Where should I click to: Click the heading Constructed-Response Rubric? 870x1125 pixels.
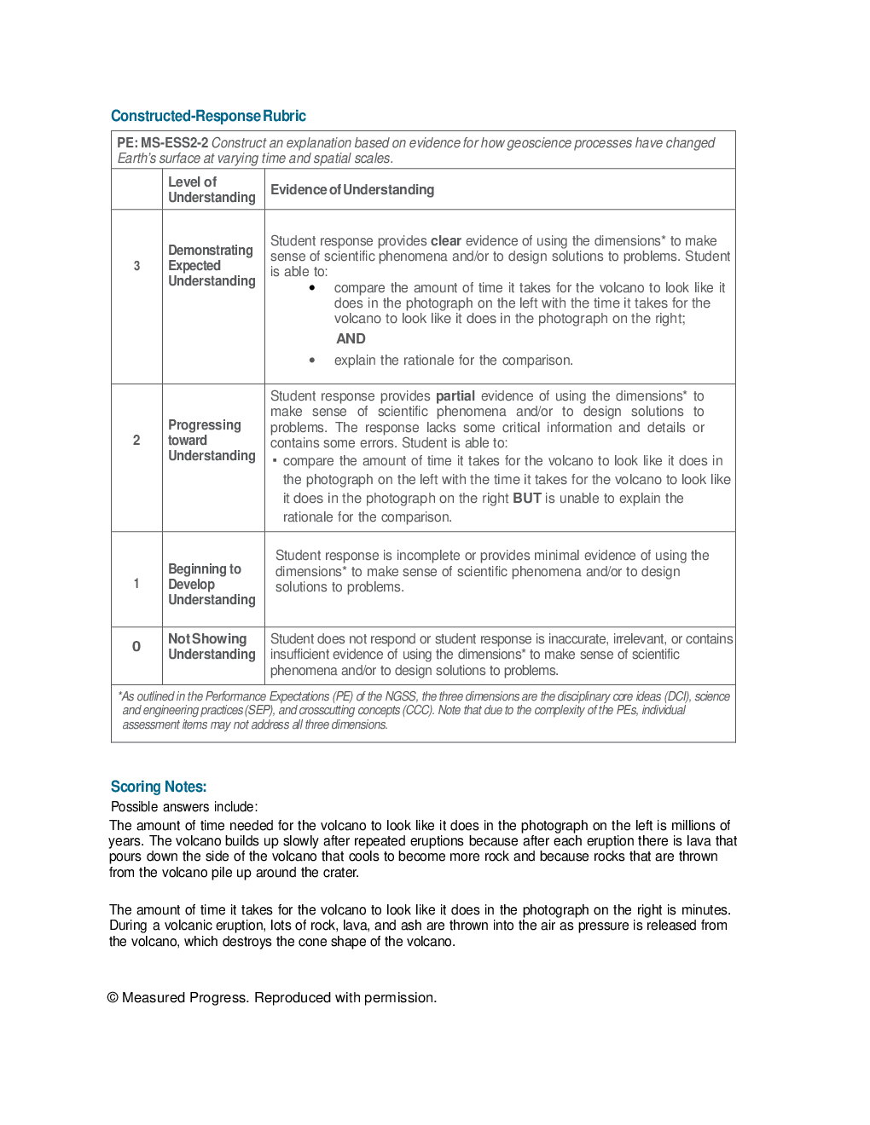(x=208, y=116)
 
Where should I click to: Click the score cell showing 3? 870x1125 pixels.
(x=136, y=266)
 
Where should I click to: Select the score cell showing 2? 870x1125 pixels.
(x=136, y=440)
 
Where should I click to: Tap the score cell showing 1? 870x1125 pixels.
(x=136, y=584)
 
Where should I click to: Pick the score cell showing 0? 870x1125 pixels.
(x=136, y=647)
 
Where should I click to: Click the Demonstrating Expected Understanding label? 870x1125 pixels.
(x=212, y=266)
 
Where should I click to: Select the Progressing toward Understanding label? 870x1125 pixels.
(x=212, y=440)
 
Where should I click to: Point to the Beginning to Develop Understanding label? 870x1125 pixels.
(x=212, y=584)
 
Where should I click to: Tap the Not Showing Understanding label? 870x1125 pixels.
(x=212, y=647)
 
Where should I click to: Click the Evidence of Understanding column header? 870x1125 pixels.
(x=352, y=189)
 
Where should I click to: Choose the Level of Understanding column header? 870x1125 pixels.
(x=212, y=189)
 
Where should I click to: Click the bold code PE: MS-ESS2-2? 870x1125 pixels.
(x=163, y=143)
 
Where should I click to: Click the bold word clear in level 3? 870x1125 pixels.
(x=446, y=241)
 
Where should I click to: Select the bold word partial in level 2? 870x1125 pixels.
(x=455, y=396)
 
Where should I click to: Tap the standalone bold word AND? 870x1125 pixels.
(x=351, y=339)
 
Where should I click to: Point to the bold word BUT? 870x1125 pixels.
(x=527, y=499)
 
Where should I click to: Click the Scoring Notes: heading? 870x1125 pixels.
(x=159, y=787)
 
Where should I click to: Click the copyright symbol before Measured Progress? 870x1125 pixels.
(x=113, y=998)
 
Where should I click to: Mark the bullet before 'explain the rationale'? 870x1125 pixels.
(x=312, y=361)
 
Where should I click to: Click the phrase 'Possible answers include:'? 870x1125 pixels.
(x=184, y=807)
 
